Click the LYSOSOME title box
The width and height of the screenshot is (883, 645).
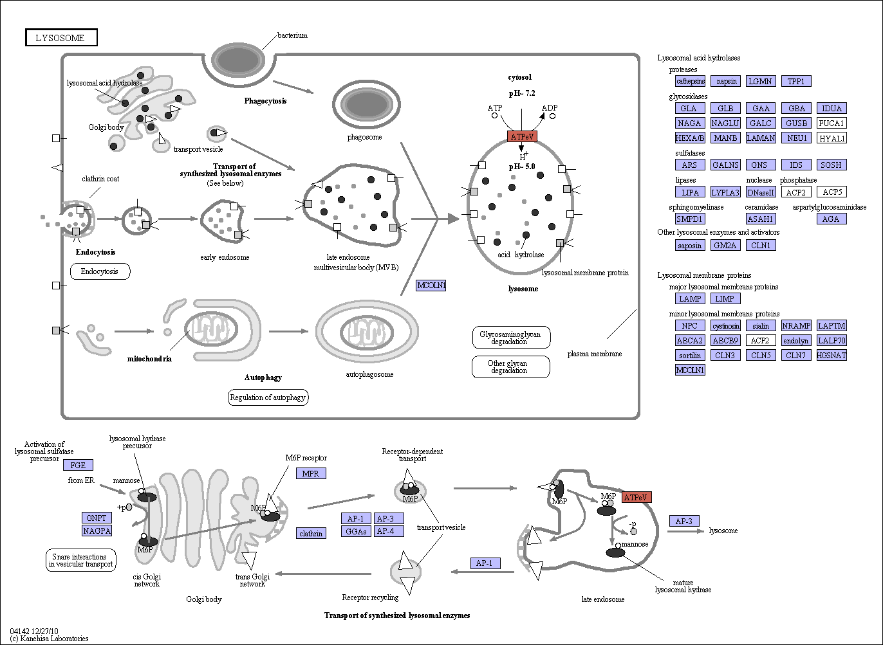(61, 37)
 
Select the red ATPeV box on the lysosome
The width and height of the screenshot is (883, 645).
(522, 136)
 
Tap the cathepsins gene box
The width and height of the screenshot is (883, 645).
(690, 81)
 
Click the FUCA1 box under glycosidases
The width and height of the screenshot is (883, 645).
(832, 123)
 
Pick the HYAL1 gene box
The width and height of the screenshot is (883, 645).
(832, 138)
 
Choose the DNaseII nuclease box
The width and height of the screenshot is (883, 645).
(761, 192)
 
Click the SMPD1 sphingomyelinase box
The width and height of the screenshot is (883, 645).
(690, 219)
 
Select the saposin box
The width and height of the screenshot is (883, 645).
(690, 245)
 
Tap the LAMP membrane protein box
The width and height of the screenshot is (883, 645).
(690, 298)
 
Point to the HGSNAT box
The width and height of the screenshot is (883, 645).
(832, 355)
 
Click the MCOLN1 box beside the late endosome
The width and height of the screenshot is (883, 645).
(431, 285)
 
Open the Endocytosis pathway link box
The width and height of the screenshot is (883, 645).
(100, 271)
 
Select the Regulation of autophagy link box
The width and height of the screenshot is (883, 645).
(268, 397)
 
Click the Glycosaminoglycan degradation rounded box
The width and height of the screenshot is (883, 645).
(511, 338)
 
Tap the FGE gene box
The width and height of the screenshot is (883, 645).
(78, 465)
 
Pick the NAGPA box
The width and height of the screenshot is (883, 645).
(97, 531)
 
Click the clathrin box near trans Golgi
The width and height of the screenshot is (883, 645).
(311, 533)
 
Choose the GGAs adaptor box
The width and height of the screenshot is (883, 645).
(356, 531)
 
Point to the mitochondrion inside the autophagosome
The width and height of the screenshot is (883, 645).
(367, 331)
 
